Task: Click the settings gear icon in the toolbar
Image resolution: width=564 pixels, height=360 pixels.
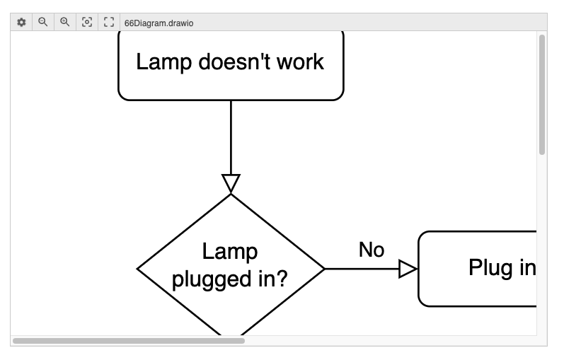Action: coord(21,22)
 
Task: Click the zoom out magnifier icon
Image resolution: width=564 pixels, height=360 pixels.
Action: coord(43,22)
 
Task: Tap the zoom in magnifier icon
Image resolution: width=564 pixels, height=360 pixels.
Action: coord(65,22)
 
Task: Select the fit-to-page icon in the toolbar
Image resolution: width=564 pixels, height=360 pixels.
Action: coord(87,22)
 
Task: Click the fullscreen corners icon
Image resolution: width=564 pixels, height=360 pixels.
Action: coord(109,22)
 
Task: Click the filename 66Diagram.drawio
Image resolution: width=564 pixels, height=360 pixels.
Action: coord(159,23)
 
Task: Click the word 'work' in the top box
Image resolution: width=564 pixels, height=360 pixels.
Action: coord(301,62)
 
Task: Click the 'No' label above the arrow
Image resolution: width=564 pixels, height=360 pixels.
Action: coord(371,250)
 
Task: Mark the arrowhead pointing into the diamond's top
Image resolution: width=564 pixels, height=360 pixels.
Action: coord(231,183)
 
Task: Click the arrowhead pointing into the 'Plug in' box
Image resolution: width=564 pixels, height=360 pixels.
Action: coord(408,269)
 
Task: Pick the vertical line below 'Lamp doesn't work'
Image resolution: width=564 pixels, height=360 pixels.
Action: coord(231,138)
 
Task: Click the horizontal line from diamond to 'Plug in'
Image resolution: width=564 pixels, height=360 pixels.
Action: coord(361,269)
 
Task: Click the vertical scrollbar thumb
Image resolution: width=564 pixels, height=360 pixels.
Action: coord(542,94)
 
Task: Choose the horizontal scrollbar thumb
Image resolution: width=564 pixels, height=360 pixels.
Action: coord(128,341)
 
